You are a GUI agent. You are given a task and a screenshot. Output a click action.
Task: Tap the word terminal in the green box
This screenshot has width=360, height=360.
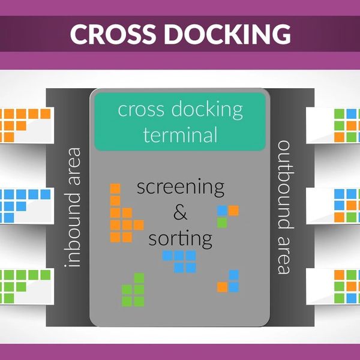(x=180, y=134)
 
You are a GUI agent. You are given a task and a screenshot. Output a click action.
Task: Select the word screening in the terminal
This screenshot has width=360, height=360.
(x=180, y=186)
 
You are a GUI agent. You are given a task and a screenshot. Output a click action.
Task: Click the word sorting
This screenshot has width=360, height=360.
(x=180, y=238)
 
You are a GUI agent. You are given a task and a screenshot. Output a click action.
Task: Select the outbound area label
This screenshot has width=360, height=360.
(x=284, y=207)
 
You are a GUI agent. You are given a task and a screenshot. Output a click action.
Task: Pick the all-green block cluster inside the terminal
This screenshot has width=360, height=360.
(x=133, y=290)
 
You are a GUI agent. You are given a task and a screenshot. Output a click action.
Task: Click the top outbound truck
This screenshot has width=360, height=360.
(x=333, y=125)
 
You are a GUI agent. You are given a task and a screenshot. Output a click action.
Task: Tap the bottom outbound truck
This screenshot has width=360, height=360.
(x=333, y=286)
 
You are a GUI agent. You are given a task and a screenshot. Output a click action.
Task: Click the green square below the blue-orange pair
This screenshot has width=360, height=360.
(x=222, y=223)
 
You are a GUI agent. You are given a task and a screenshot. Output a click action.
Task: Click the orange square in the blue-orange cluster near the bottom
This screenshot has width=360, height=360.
(x=222, y=287)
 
